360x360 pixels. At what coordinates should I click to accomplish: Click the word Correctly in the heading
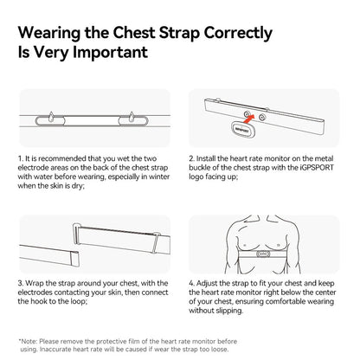pyautogui.click(x=238, y=34)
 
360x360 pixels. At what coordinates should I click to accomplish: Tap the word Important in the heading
pyautogui.click(x=110, y=53)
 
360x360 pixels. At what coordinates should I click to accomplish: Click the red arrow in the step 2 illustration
pyautogui.click(x=249, y=119)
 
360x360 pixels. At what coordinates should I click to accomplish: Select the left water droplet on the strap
pyautogui.click(x=51, y=117)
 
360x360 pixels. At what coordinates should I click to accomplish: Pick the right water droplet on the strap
pyautogui.click(x=132, y=117)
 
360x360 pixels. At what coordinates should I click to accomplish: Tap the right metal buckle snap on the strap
pyautogui.click(x=261, y=117)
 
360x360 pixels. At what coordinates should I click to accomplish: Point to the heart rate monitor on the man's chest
pyautogui.click(x=262, y=254)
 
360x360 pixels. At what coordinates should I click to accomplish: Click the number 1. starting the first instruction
pyautogui.click(x=21, y=158)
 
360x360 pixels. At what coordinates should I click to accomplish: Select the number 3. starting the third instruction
pyautogui.click(x=21, y=283)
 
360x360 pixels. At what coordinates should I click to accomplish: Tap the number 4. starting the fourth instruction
pyautogui.click(x=192, y=283)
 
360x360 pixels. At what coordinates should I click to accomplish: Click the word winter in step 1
pyautogui.click(x=159, y=177)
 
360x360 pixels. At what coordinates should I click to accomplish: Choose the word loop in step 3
pyautogui.click(x=79, y=302)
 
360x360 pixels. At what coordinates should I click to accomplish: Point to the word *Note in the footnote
pyautogui.click(x=28, y=342)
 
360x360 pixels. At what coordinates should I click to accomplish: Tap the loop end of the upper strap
pyautogui.click(x=76, y=234)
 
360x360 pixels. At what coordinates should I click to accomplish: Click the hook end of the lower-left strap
pyautogui.click(x=74, y=259)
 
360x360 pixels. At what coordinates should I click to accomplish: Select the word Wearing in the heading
pyautogui.click(x=49, y=34)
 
